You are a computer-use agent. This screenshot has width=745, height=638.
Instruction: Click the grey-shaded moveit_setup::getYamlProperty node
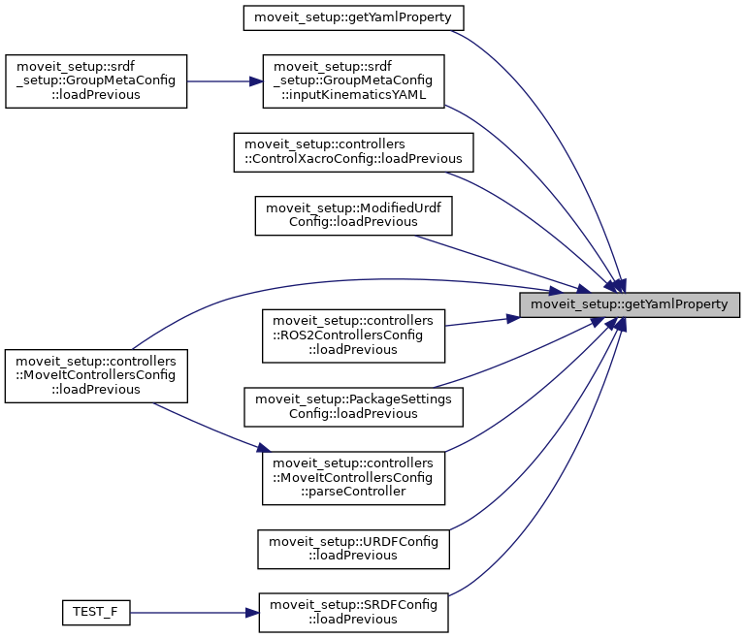pos(630,304)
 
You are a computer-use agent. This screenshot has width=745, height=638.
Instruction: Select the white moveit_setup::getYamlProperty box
pos(354,16)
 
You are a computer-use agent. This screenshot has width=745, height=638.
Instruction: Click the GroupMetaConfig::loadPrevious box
pos(95,80)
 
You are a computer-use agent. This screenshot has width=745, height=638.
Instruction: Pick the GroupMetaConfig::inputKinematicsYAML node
pos(353,80)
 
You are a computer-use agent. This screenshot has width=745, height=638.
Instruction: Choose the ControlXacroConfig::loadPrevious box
pos(353,151)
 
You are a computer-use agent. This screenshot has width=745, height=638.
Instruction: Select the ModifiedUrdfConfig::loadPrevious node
pos(353,214)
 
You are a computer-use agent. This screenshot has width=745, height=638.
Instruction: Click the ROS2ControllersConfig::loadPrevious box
pos(353,334)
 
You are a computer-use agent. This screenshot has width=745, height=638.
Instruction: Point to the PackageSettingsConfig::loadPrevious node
pos(353,405)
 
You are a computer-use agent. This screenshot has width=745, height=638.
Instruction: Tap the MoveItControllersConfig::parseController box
pos(353,477)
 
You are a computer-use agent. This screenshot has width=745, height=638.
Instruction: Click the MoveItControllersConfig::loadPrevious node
pos(95,375)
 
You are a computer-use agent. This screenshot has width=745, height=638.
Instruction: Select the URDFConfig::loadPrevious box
pos(353,548)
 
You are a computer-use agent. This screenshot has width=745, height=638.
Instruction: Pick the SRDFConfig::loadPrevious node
pos(353,612)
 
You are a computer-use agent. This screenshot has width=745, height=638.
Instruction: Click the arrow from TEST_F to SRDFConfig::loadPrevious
pos(194,613)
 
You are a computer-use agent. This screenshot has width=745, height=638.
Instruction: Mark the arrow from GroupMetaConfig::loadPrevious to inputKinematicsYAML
pos(224,80)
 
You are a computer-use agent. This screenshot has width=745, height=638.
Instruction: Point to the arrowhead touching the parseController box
pos(262,449)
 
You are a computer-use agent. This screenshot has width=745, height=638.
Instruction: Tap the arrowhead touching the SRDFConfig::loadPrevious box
pos(250,613)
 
